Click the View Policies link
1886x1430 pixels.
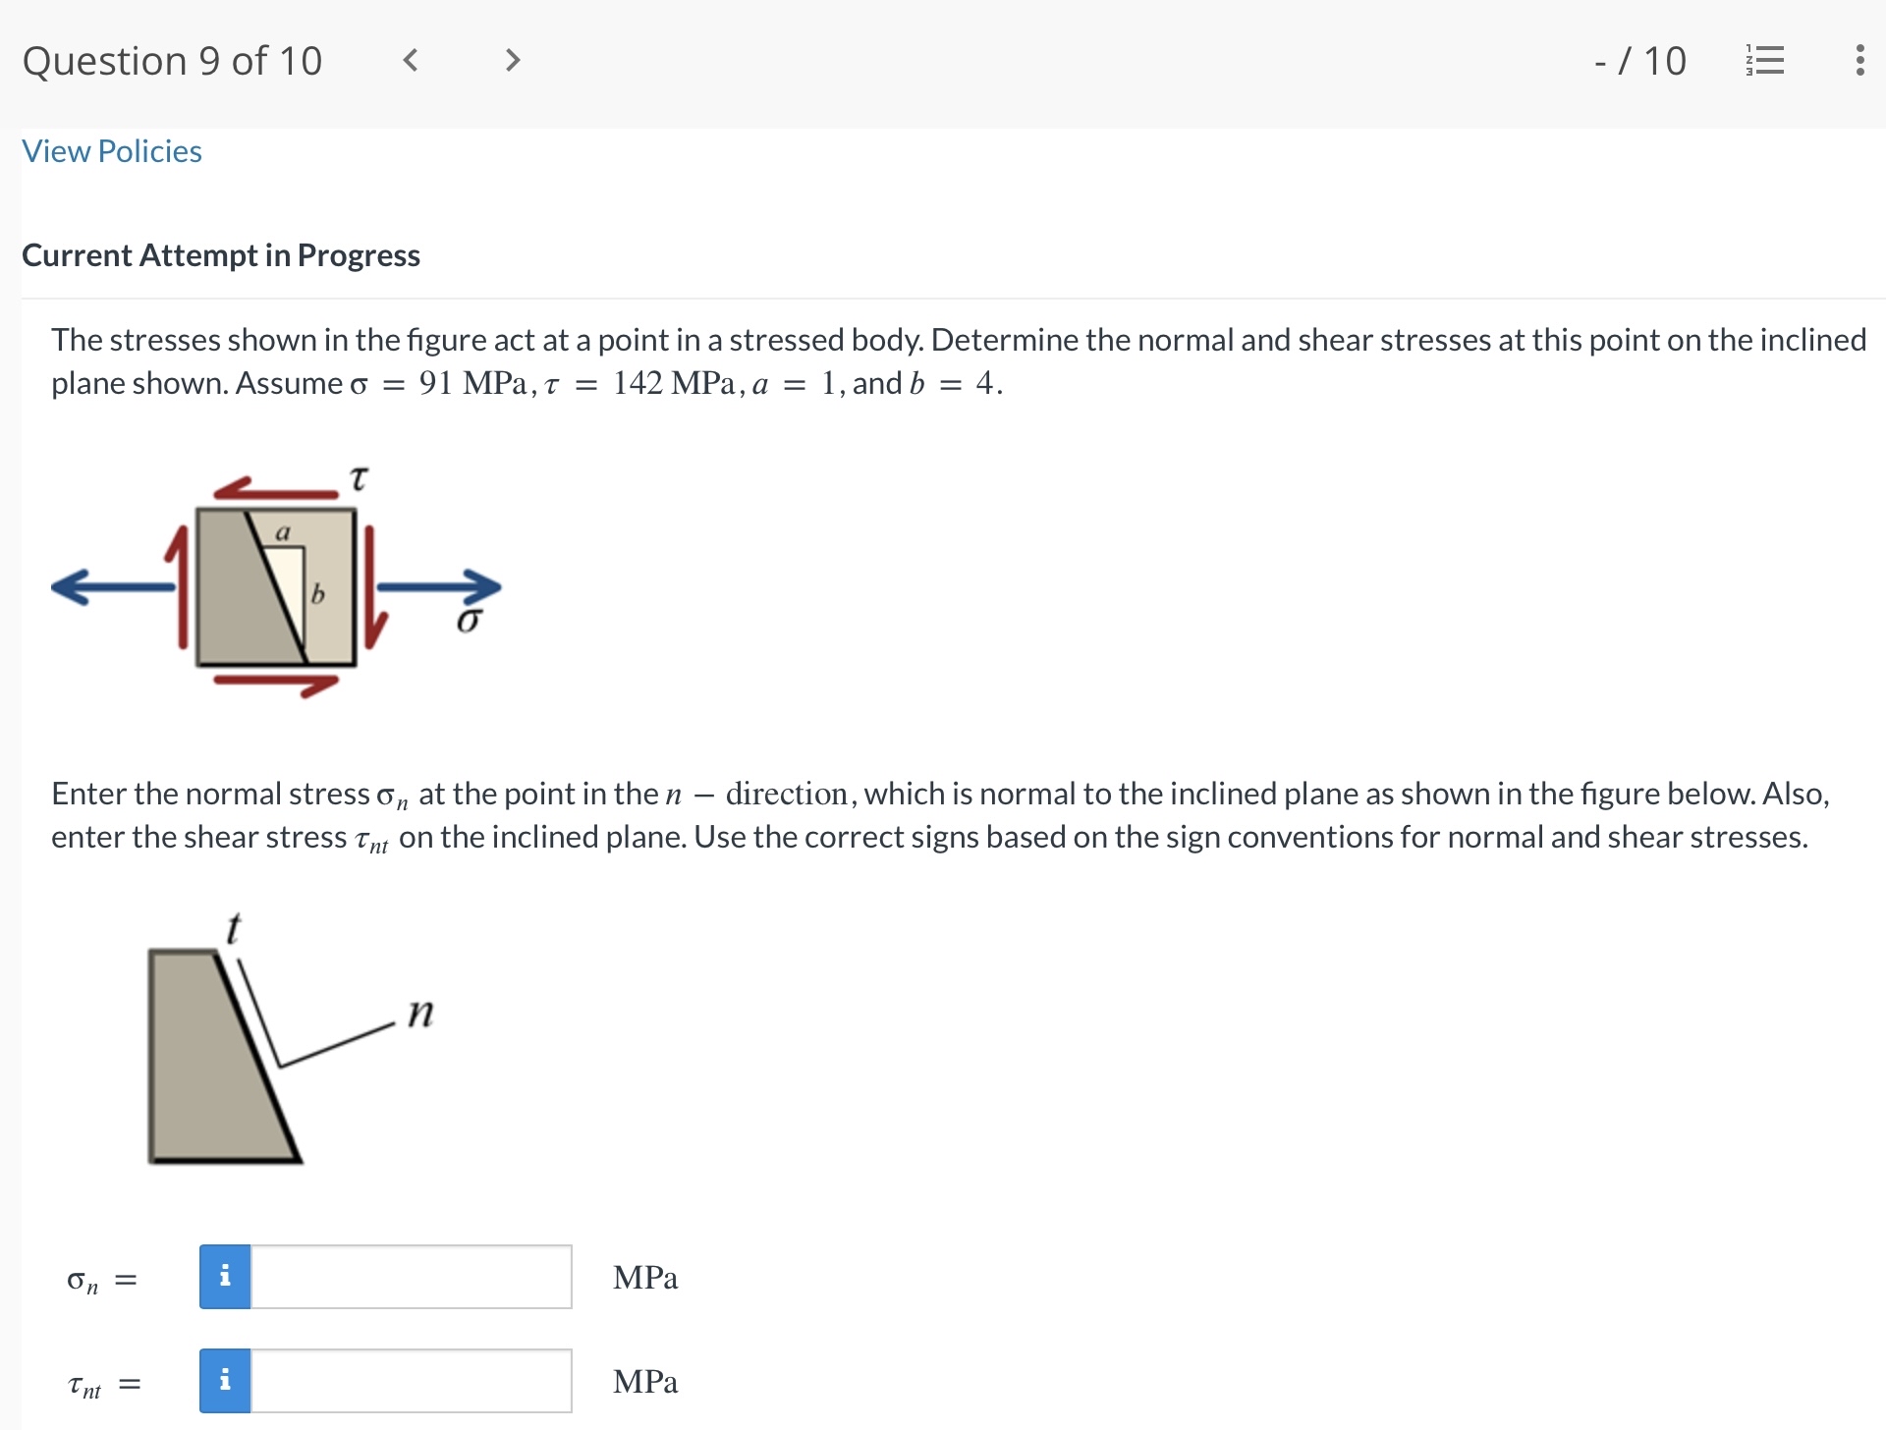click(x=112, y=151)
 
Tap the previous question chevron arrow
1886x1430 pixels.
click(x=411, y=61)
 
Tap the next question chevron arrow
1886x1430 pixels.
click(x=512, y=61)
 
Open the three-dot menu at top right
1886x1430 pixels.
click(x=1858, y=61)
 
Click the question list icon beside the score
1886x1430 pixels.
click(x=1765, y=61)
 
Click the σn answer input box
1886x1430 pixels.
click(x=411, y=1277)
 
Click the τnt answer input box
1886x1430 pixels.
click(x=411, y=1381)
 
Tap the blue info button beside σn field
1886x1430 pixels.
click(x=225, y=1277)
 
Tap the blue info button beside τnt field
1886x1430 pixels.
click(x=225, y=1381)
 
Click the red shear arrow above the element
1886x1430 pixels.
click(x=275, y=489)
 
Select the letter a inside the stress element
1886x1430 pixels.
click(x=283, y=533)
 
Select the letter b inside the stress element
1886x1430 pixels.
click(x=317, y=594)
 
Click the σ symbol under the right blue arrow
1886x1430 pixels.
click(x=469, y=621)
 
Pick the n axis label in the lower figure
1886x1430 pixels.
click(x=420, y=1012)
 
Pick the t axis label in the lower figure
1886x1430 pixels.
click(x=233, y=928)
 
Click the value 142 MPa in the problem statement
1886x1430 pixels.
click(x=673, y=383)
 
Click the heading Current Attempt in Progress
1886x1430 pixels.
click(x=221, y=255)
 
